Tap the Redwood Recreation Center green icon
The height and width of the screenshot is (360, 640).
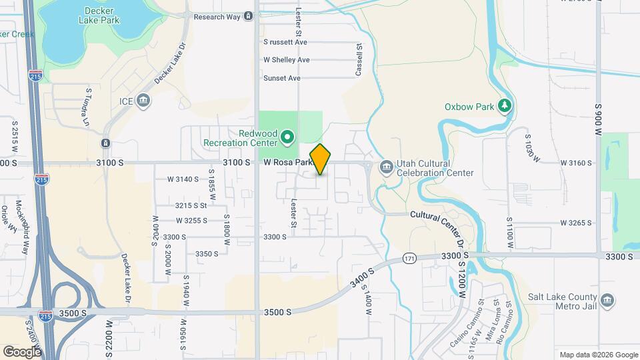288,137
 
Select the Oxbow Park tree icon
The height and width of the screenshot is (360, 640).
505,105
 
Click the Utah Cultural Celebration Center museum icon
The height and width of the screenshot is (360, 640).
386,167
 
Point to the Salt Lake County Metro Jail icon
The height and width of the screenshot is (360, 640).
607,301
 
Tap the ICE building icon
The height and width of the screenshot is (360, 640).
143,101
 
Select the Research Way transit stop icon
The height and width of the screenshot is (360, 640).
248,16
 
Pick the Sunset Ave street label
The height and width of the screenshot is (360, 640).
281,78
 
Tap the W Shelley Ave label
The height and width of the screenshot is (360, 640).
287,60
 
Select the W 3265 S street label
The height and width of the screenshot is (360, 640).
576,223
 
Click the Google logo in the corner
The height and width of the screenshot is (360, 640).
22,351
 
